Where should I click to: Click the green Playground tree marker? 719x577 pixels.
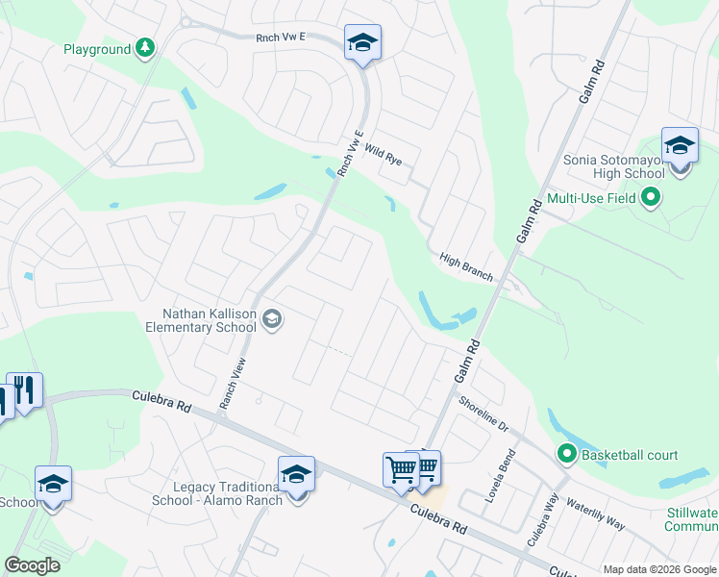[145, 48]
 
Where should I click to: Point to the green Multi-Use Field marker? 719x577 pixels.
[651, 199]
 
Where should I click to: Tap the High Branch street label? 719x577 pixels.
[466, 268]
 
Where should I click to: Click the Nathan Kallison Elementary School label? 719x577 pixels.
[210, 320]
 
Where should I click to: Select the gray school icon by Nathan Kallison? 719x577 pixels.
[272, 319]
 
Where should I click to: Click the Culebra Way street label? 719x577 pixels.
[542, 520]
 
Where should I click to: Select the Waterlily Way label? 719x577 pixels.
[595, 514]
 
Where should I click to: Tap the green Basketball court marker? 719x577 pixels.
[567, 455]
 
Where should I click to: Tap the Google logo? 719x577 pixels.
[33, 565]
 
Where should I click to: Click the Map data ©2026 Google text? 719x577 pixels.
[658, 569]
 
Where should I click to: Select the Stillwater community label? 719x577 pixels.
[692, 519]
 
